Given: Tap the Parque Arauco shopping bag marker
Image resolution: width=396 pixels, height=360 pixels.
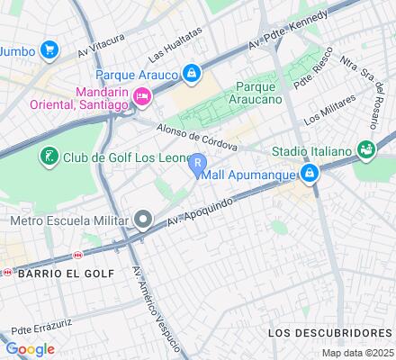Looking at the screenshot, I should [192, 73].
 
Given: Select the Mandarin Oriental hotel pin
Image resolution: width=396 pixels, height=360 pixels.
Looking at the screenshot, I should [140, 97].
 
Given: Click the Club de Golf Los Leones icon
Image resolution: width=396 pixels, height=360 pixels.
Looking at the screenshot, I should [49, 158].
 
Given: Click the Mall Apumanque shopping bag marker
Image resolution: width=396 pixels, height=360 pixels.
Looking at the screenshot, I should [310, 172].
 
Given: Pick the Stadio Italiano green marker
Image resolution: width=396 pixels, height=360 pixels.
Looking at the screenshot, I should [365, 148].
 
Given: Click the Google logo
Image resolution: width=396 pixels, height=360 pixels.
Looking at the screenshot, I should [29, 349].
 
